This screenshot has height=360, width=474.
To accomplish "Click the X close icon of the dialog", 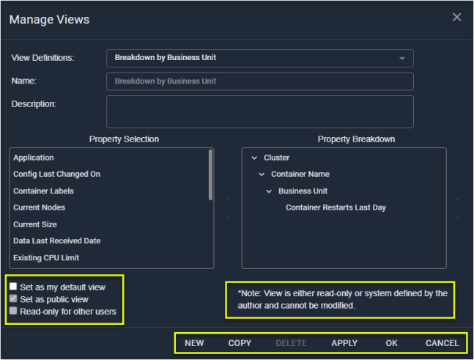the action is point(456,17).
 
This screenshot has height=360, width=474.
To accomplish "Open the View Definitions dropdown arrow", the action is point(402,59).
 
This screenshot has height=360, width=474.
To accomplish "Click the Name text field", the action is point(260,81).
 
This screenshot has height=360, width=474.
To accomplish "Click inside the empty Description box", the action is point(260,111).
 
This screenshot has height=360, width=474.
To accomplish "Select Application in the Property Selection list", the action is point(34,158).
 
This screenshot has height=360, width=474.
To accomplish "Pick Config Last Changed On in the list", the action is point(57,175).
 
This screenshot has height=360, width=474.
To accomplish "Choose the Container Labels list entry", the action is point(43,191).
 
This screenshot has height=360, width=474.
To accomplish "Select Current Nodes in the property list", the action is point(40,207).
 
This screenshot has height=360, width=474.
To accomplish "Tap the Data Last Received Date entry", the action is point(57,240).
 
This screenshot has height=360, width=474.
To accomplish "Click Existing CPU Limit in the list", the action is point(46,258).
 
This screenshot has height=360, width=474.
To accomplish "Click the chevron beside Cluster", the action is point(254,158).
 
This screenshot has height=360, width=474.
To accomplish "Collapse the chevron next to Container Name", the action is point(262,175).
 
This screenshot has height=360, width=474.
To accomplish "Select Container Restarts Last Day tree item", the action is point(336,207).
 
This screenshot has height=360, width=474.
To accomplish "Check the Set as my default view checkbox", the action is point(13,286).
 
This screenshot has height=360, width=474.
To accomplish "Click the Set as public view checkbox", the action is point(13,298).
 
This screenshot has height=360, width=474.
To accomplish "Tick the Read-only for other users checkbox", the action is point(13,311).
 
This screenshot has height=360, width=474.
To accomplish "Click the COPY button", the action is point(240,343).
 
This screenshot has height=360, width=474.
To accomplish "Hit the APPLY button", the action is point(344,343).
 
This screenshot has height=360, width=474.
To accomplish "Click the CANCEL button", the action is point(442,343).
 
